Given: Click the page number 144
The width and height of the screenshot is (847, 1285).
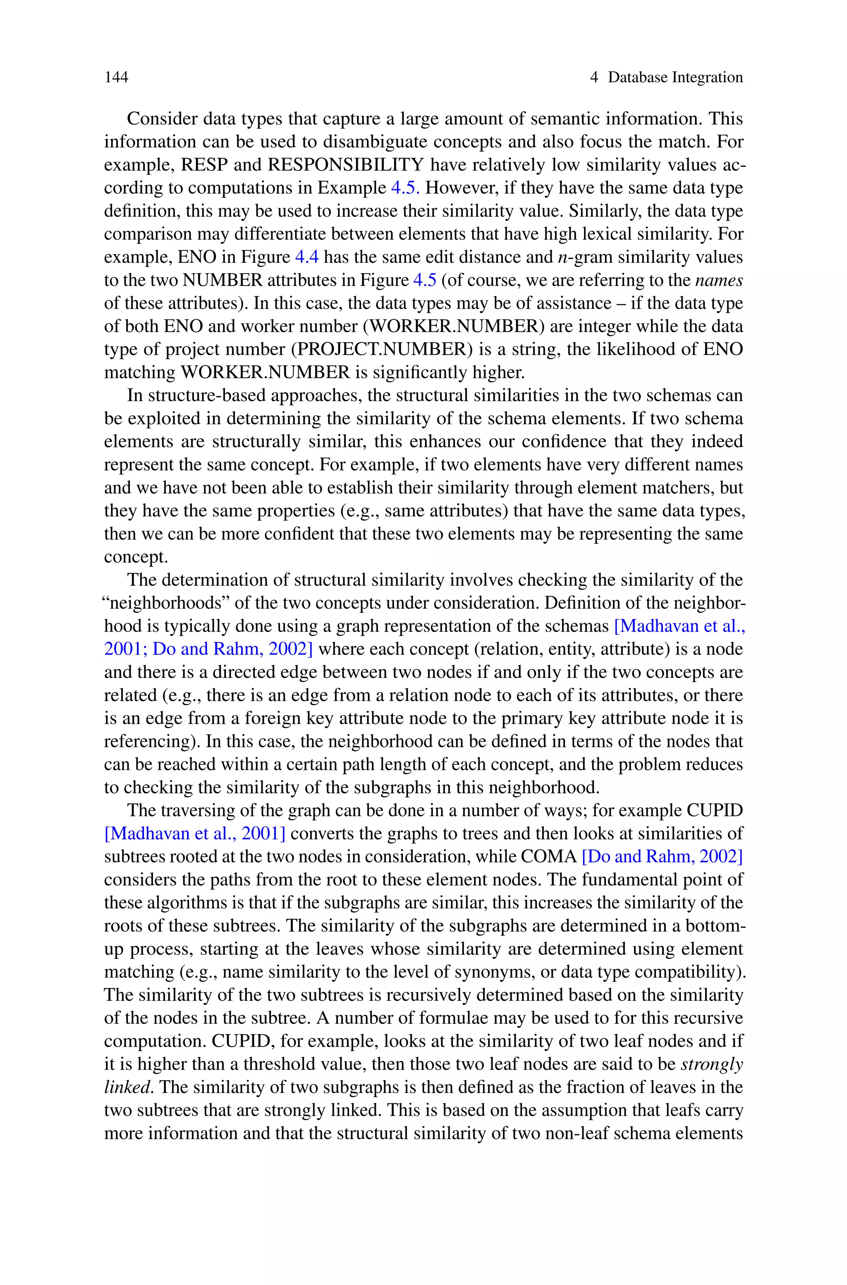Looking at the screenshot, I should [x=116, y=77].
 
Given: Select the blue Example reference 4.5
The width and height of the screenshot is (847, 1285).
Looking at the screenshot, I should [x=405, y=188].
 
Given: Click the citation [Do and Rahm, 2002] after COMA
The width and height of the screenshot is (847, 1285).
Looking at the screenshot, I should [x=662, y=857].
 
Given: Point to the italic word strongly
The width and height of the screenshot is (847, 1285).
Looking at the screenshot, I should [x=711, y=1064].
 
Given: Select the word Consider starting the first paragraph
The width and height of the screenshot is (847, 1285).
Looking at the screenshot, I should [x=158, y=119].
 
